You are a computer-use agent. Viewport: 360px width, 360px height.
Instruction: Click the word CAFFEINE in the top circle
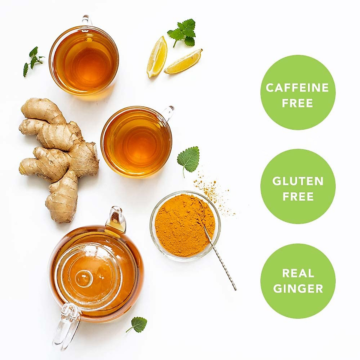[x=297, y=88]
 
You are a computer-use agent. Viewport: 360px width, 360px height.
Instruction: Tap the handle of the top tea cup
[x=86, y=19]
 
